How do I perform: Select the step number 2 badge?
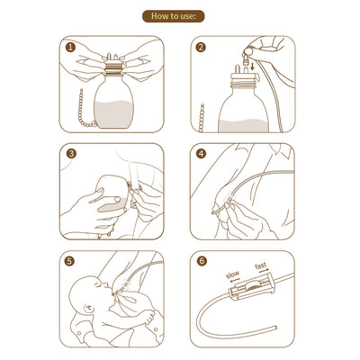pyautogui.click(x=200, y=47)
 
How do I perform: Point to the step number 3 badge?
pyautogui.click(x=71, y=154)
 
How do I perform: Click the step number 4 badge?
pyautogui.click(x=200, y=154)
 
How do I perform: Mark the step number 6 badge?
pyautogui.click(x=200, y=262)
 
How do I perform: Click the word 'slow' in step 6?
pyautogui.click(x=232, y=274)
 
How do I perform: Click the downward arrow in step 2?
pyautogui.click(x=249, y=66)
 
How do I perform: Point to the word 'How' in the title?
pyautogui.click(x=159, y=16)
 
